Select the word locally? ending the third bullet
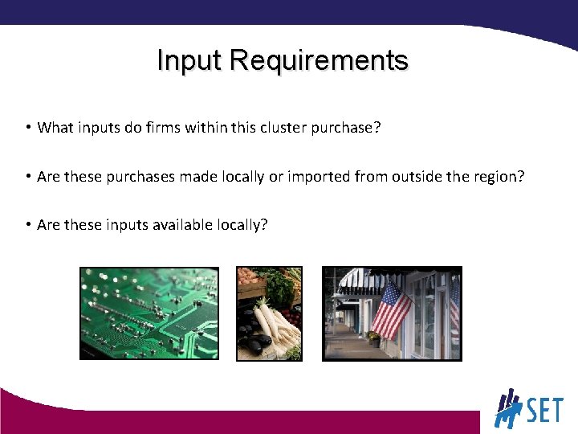242,225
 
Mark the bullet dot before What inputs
27,127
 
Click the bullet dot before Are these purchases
27,175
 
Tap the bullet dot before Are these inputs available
27,223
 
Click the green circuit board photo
149,313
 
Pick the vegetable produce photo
269,313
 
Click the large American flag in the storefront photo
391,309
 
